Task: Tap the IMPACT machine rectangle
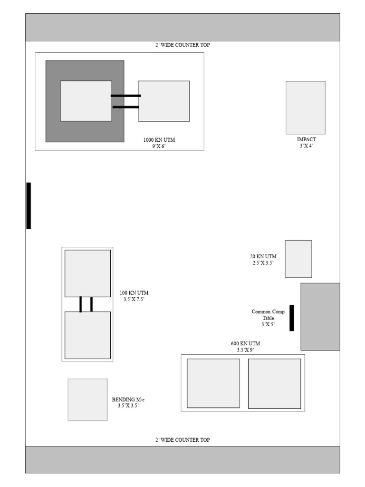pos(306,107)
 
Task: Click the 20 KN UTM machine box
pos(298,259)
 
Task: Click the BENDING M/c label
pos(128,399)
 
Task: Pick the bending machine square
pos(87,399)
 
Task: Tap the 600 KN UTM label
pos(245,343)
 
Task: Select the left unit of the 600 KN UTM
pos(213,383)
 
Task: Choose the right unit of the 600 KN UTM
pos(275,383)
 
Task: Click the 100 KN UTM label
pos(134,293)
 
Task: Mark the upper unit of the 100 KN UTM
pos(87,273)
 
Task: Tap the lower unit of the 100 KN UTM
pos(87,335)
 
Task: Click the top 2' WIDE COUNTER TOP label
pos(182,45)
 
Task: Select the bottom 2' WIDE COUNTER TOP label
pos(182,440)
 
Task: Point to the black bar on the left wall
pos(29,205)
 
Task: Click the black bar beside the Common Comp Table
pos(292,318)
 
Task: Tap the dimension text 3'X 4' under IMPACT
pos(306,146)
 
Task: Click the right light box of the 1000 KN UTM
pos(164,101)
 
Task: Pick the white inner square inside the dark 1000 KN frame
pos(86,101)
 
